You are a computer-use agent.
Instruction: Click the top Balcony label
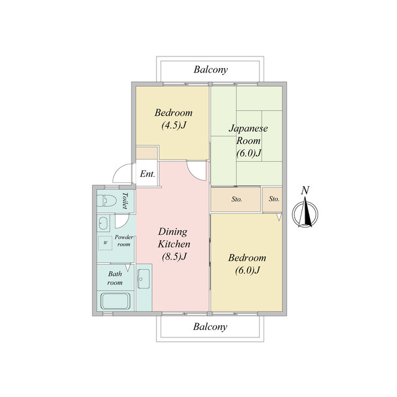211,69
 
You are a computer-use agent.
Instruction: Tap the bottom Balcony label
210,327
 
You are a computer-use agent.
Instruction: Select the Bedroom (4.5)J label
174,118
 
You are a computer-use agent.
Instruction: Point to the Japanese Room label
248,141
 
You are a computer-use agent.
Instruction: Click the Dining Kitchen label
174,244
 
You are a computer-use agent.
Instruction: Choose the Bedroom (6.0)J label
247,264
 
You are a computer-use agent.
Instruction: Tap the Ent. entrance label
148,174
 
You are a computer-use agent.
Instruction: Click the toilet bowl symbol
107,201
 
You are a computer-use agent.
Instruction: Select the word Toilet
125,200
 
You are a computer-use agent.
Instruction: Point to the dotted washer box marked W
105,243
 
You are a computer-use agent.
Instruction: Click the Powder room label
124,241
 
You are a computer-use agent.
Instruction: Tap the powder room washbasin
103,223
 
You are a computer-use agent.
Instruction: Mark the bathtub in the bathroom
115,301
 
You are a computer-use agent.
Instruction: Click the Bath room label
115,278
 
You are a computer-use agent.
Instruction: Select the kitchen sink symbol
143,279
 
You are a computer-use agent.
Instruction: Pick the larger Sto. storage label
237,200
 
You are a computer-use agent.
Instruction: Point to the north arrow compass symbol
305,213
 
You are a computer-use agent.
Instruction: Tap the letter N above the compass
305,190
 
